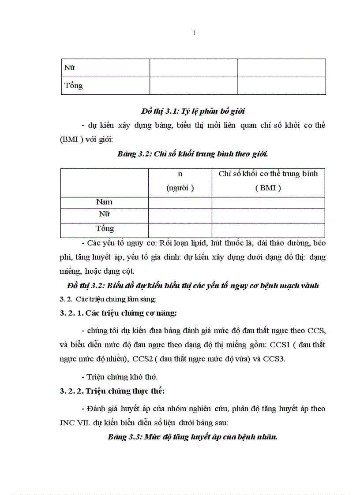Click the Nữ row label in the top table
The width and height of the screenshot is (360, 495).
pyautogui.click(x=70, y=68)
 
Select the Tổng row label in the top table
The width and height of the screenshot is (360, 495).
pyautogui.click(x=74, y=86)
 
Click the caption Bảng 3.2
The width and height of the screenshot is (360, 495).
pyautogui.click(x=193, y=154)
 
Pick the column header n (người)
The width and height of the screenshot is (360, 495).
pyautogui.click(x=180, y=181)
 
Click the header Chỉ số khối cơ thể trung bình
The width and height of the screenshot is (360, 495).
pyautogui.click(x=268, y=174)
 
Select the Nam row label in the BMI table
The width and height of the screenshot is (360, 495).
pyautogui.click(x=105, y=202)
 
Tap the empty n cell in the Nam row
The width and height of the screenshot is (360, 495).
pyautogui.click(x=180, y=202)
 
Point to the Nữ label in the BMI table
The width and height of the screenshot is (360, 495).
pyautogui.click(x=105, y=215)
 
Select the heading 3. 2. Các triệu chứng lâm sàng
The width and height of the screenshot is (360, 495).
pyautogui.click(x=108, y=299)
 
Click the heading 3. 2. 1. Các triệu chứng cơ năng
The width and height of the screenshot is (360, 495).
pyautogui.click(x=118, y=313)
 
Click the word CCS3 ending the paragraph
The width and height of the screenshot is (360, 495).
pyautogui.click(x=274, y=358)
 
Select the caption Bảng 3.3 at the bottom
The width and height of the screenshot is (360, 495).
pyautogui.click(x=193, y=437)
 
